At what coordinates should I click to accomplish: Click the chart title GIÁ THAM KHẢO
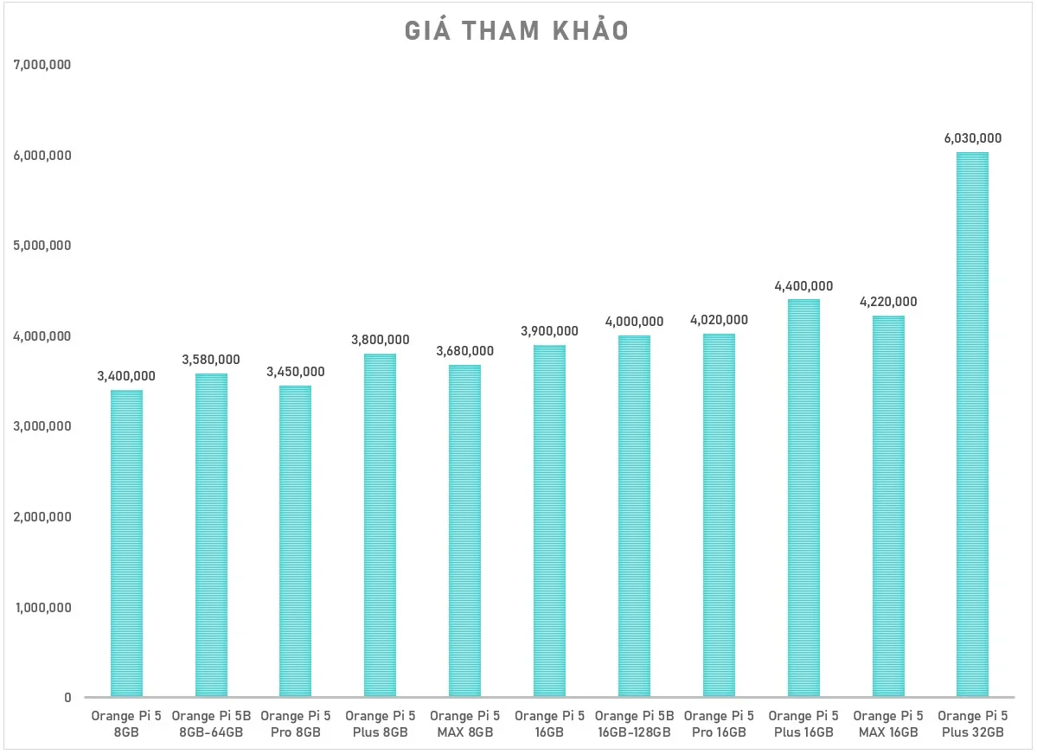(x=516, y=29)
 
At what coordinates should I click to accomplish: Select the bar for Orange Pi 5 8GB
(x=126, y=544)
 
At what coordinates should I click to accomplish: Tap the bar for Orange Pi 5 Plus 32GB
(x=972, y=425)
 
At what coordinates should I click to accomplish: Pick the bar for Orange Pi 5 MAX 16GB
(x=888, y=507)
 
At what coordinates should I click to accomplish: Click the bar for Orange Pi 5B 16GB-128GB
(x=634, y=516)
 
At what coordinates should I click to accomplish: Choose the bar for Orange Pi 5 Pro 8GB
(x=295, y=541)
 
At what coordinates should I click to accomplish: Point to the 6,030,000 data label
(x=972, y=138)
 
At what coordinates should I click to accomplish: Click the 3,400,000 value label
(x=126, y=376)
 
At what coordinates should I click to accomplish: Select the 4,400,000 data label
(x=803, y=286)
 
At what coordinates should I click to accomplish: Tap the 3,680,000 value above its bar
(x=465, y=351)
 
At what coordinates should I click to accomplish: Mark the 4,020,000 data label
(x=719, y=320)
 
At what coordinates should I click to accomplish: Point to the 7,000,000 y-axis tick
(x=42, y=65)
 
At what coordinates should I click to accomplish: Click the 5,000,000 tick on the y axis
(x=42, y=246)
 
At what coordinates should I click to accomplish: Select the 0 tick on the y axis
(x=67, y=698)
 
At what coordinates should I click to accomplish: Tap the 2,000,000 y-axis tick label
(x=42, y=517)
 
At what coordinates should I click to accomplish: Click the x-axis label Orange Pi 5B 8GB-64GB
(x=211, y=725)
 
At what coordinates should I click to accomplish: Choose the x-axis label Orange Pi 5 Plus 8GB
(x=381, y=725)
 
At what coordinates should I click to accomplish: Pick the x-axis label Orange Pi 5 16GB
(x=549, y=725)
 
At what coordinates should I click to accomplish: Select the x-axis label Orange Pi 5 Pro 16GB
(x=719, y=725)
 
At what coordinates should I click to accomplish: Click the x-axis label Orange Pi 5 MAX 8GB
(x=465, y=725)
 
